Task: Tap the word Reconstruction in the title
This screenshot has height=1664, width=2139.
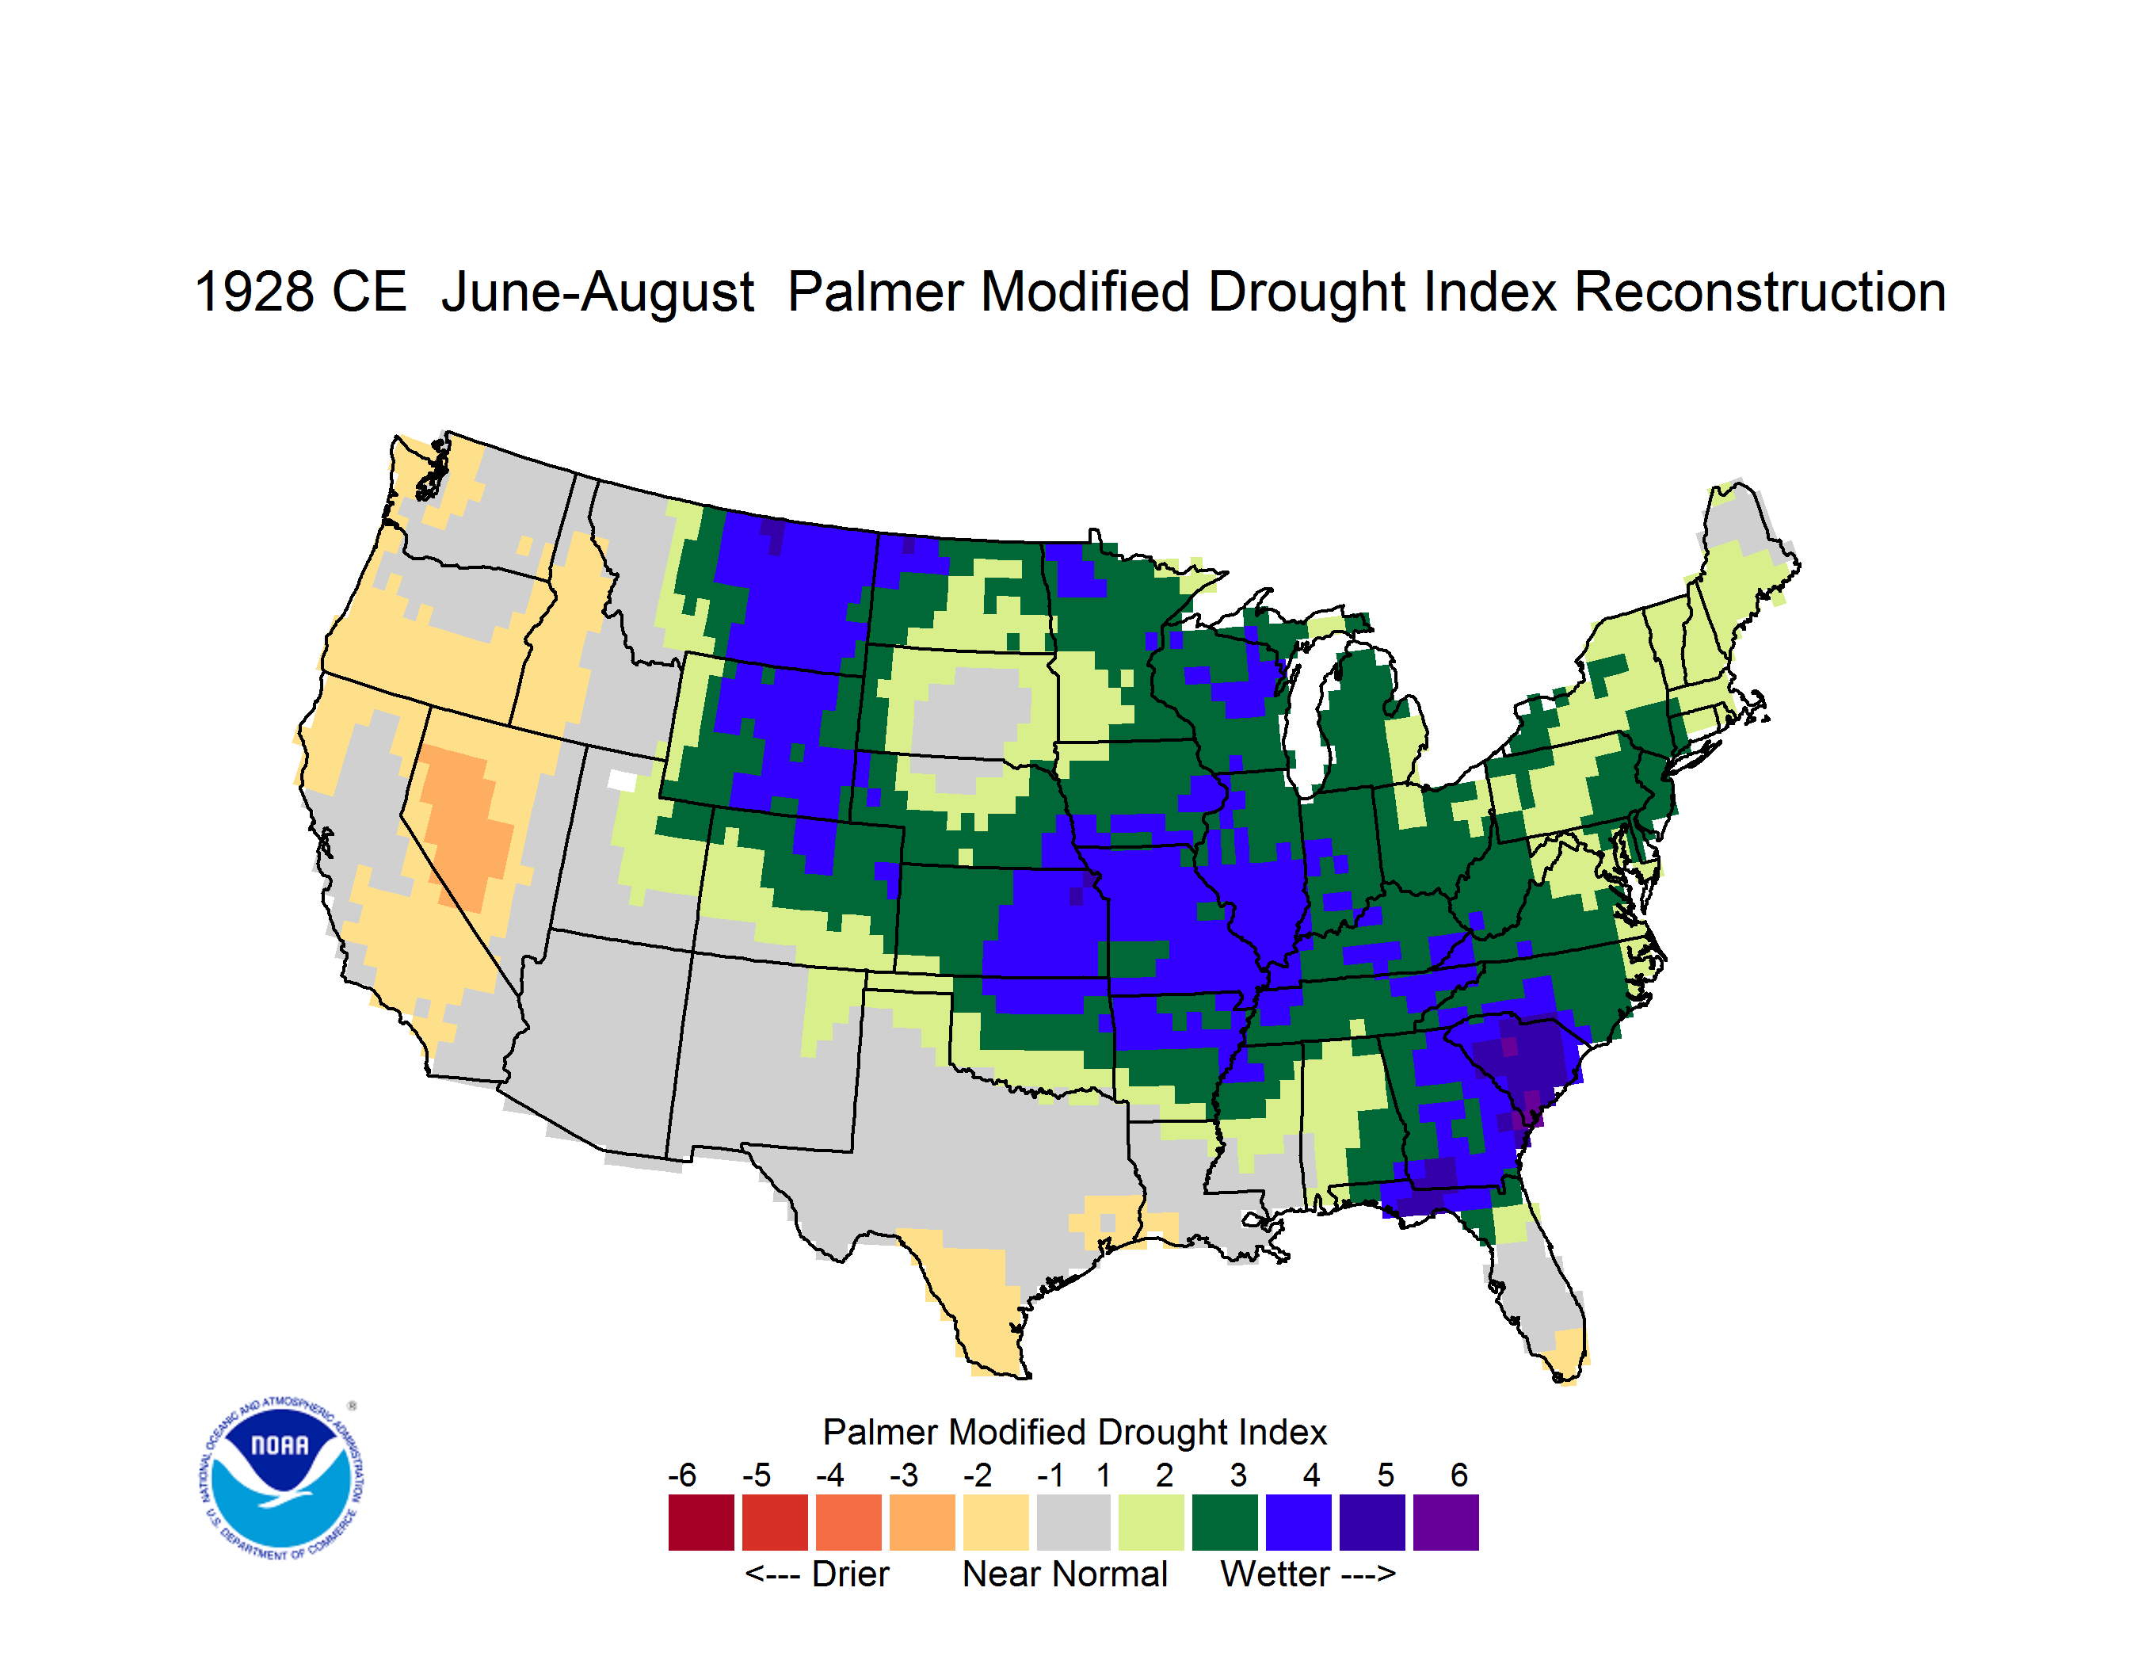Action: tap(1760, 292)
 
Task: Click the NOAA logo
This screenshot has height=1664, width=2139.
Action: tap(282, 1478)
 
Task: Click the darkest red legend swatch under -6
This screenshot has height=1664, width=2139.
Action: tap(701, 1522)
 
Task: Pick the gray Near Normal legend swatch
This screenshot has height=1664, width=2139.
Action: tap(1073, 1522)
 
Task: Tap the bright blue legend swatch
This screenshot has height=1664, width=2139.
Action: tap(1298, 1522)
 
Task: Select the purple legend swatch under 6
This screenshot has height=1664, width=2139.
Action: tap(1446, 1522)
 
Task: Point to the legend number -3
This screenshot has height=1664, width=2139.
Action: tap(904, 1475)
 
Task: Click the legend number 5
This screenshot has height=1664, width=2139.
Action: tap(1386, 1475)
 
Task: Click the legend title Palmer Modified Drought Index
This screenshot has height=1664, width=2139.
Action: tap(1074, 1432)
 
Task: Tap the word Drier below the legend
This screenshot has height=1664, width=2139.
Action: tap(850, 1574)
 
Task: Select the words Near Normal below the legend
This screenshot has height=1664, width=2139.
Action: tap(1065, 1574)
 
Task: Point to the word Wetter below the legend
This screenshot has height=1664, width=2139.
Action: tap(1275, 1574)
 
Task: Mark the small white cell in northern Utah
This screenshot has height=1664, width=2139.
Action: tap(622, 780)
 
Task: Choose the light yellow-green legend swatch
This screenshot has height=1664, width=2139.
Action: tap(1152, 1522)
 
